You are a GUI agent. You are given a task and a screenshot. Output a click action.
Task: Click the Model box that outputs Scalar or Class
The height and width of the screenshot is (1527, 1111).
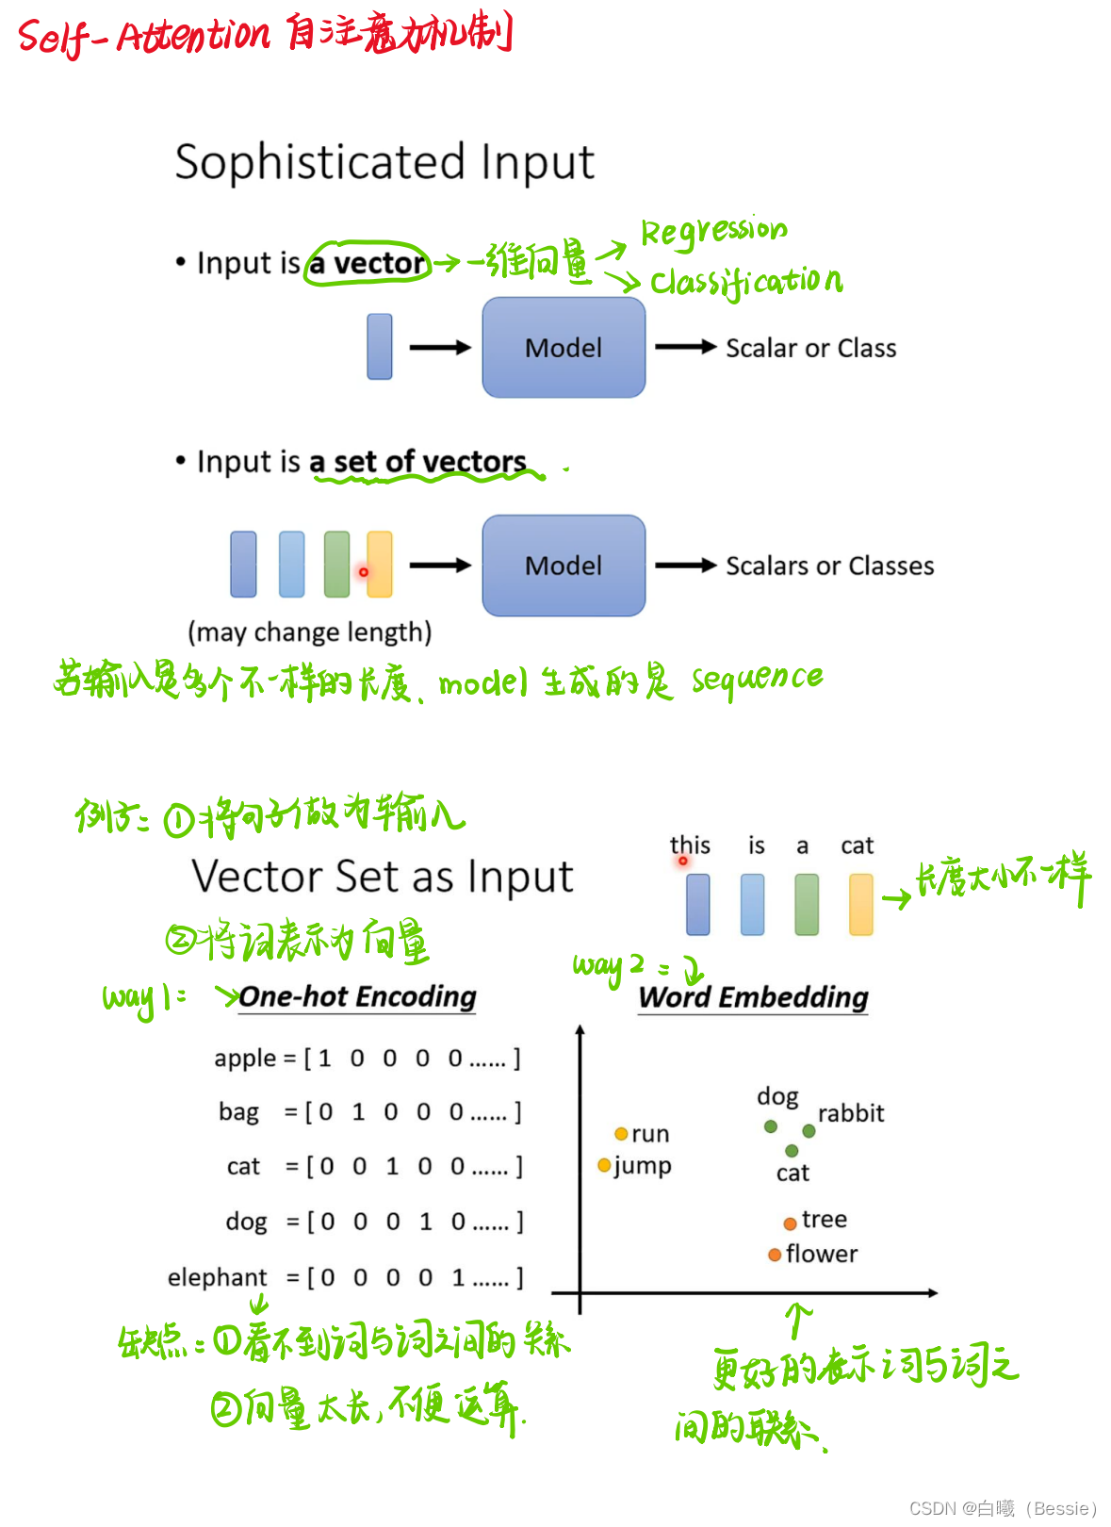564,348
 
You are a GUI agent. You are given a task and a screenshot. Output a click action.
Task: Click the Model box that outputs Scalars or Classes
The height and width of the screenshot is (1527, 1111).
564,566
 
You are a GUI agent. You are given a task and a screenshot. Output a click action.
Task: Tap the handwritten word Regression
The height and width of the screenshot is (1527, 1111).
713,231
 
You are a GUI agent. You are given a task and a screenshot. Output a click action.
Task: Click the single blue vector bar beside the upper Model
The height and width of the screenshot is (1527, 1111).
380,347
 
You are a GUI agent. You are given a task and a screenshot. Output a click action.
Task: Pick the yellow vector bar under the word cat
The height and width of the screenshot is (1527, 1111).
861,904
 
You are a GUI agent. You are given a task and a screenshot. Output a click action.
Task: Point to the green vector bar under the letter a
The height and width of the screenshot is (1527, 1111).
807,904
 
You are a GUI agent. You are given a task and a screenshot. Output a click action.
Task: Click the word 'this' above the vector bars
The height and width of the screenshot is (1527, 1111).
690,845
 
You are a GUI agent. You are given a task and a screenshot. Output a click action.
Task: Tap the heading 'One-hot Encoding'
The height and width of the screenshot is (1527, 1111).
357,996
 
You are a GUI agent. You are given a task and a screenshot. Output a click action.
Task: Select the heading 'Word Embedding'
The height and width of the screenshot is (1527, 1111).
753,997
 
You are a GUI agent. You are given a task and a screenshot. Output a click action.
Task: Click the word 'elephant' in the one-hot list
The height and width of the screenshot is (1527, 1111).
218,1277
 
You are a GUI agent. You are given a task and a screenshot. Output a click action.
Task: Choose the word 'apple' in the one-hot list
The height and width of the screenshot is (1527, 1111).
245,1059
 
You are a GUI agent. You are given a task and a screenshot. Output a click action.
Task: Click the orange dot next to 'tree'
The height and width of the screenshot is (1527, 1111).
791,1223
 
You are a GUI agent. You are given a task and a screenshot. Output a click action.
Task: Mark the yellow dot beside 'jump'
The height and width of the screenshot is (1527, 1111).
604,1166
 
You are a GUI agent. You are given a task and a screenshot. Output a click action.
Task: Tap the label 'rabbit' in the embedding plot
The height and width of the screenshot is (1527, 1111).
851,1113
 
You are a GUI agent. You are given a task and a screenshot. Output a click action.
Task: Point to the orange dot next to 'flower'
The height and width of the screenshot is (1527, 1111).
775,1255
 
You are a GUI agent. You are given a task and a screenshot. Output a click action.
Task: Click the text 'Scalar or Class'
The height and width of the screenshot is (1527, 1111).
810,348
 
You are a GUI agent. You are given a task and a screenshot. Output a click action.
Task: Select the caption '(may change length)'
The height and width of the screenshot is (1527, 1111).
310,632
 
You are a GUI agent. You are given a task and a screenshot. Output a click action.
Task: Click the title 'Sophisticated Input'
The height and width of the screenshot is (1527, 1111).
384,162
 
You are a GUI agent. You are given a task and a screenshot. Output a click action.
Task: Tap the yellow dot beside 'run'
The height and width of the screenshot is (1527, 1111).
621,1134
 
